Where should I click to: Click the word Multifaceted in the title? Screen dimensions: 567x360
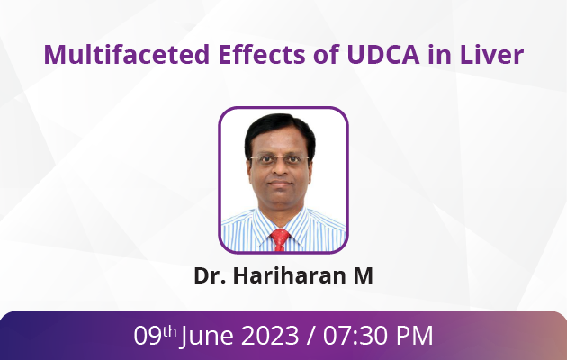tap(127, 54)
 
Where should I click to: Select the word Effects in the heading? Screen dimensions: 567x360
tap(262, 54)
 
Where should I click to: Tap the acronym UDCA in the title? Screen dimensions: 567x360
tap(382, 54)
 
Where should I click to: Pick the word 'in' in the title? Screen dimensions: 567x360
tap(440, 54)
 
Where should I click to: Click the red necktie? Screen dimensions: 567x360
tap(280, 239)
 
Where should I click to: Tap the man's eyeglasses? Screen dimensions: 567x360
tap(280, 159)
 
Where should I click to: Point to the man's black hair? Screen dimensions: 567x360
tap(279, 130)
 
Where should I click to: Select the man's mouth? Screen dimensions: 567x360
tap(280, 184)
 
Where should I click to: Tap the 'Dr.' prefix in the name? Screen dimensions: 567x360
tap(210, 275)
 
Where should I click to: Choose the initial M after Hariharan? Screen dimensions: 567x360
tap(363, 275)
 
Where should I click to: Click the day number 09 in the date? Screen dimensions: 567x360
tap(148, 336)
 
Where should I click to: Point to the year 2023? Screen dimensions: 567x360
tap(270, 336)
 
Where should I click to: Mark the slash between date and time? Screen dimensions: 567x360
tap(311, 336)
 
